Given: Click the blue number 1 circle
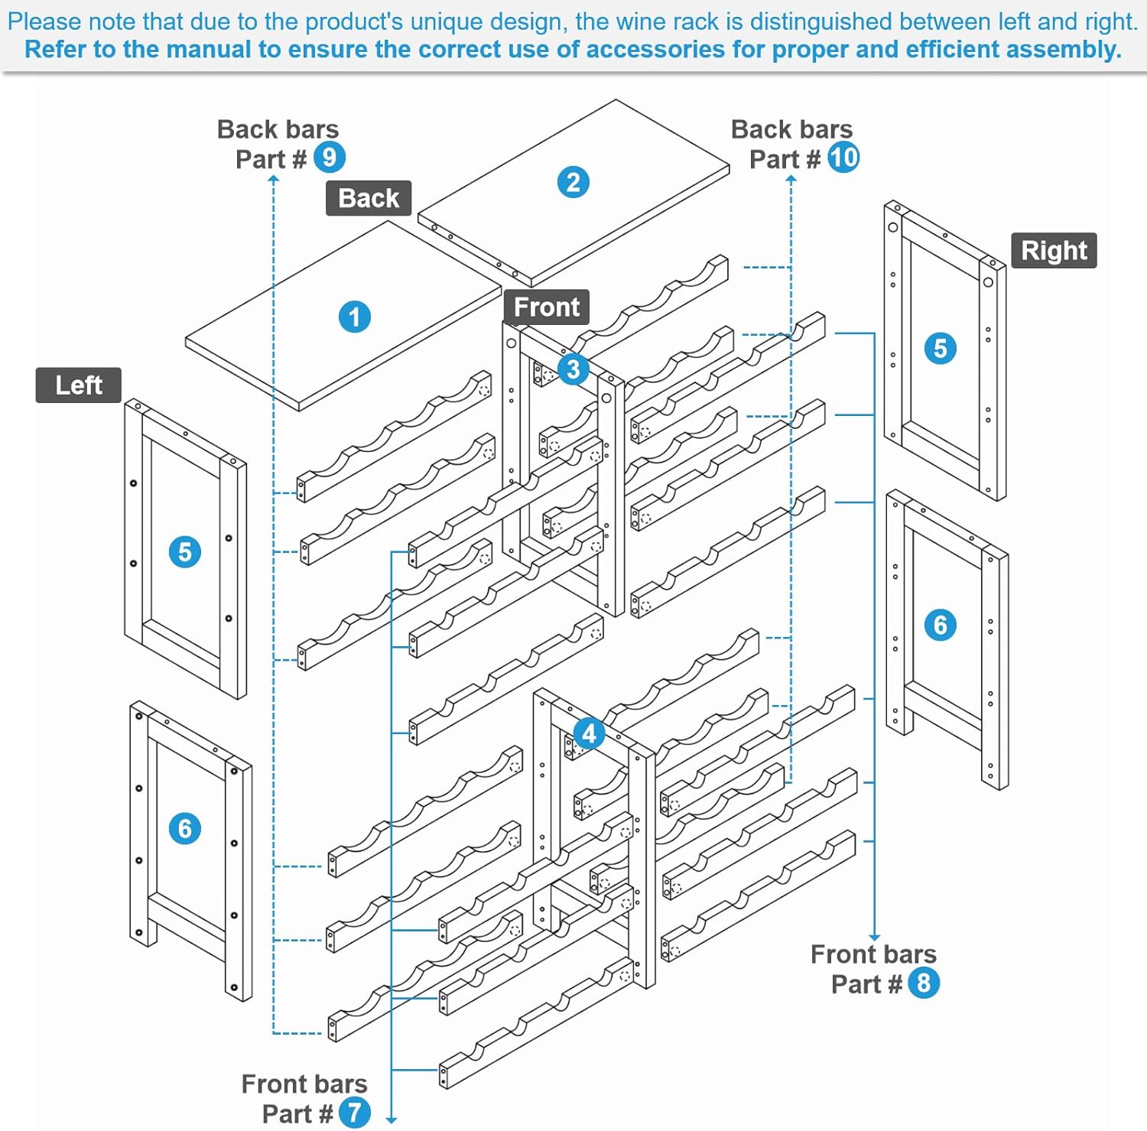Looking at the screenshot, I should coord(354,317).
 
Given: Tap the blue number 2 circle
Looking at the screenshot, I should coord(573,182).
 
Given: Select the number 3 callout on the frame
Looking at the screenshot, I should coord(573,369).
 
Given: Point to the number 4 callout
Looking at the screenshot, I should coord(589,734).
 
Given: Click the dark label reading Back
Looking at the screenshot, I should coord(369,198).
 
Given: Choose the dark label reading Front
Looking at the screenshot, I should coord(546,307).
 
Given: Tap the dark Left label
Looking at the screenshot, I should coord(79,385).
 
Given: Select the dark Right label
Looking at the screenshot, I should coord(1054,250).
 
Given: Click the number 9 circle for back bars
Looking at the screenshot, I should coord(330,158).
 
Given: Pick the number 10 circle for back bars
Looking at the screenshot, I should coord(843,158).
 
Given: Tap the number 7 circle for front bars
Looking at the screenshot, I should coord(354,1113).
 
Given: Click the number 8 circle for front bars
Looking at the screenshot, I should coord(924,983).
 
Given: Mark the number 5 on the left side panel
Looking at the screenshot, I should coord(185,551).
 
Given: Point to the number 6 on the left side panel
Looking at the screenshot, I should coord(185,828).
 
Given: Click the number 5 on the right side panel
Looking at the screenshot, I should coord(941,348).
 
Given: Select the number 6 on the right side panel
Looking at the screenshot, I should coord(941,625).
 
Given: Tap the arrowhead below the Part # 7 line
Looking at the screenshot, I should coord(392,1120).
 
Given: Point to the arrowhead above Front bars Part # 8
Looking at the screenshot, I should coord(874,937).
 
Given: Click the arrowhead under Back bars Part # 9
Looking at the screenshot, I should coord(274,179).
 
